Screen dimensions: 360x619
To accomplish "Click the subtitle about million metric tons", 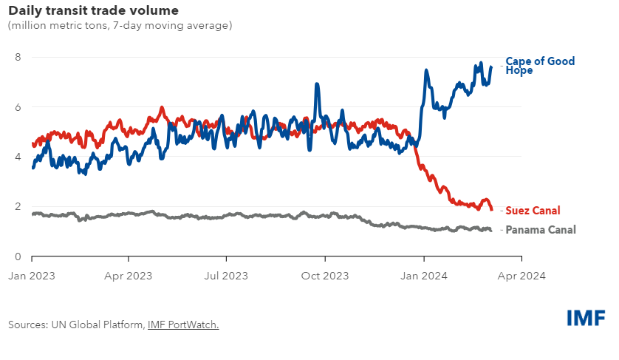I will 120,26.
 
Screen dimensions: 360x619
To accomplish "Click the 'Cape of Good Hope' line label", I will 540,66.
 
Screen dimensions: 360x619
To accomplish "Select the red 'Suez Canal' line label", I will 533,211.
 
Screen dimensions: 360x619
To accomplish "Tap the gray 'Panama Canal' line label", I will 541,230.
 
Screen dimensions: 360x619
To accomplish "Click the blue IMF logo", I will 586,318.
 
